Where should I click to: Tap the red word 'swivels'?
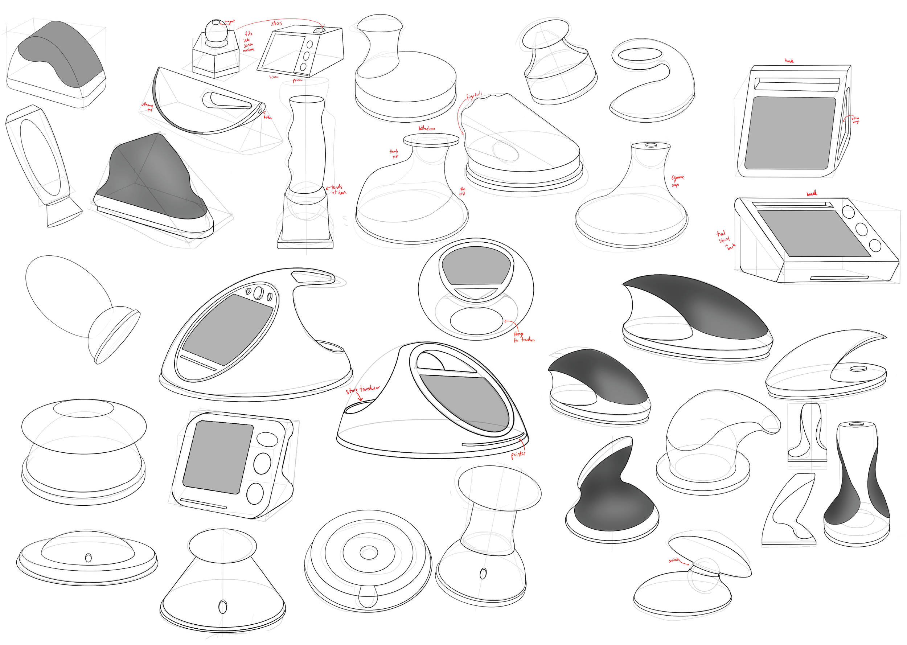pyautogui.click(x=673, y=560)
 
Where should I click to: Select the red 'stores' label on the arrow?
pyautogui.click(x=276, y=24)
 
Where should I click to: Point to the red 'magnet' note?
pyautogui.click(x=230, y=21)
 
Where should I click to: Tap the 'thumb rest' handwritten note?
pyautogui.click(x=394, y=153)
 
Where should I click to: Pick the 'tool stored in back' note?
pyautogui.click(x=725, y=240)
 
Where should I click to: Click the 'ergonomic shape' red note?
pyautogui.click(x=677, y=181)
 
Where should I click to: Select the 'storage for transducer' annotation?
pyautogui.click(x=522, y=337)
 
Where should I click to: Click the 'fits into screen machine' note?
pyautogui.click(x=248, y=42)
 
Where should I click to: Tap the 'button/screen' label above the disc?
pyautogui.click(x=427, y=128)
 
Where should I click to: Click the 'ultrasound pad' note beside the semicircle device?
pyautogui.click(x=147, y=106)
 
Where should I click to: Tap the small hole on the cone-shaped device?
pyautogui.click(x=223, y=607)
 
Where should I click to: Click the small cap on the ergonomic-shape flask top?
pyautogui.click(x=651, y=145)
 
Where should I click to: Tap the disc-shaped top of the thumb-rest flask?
pyautogui.click(x=431, y=140)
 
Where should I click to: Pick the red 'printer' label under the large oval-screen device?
pyautogui.click(x=518, y=453)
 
